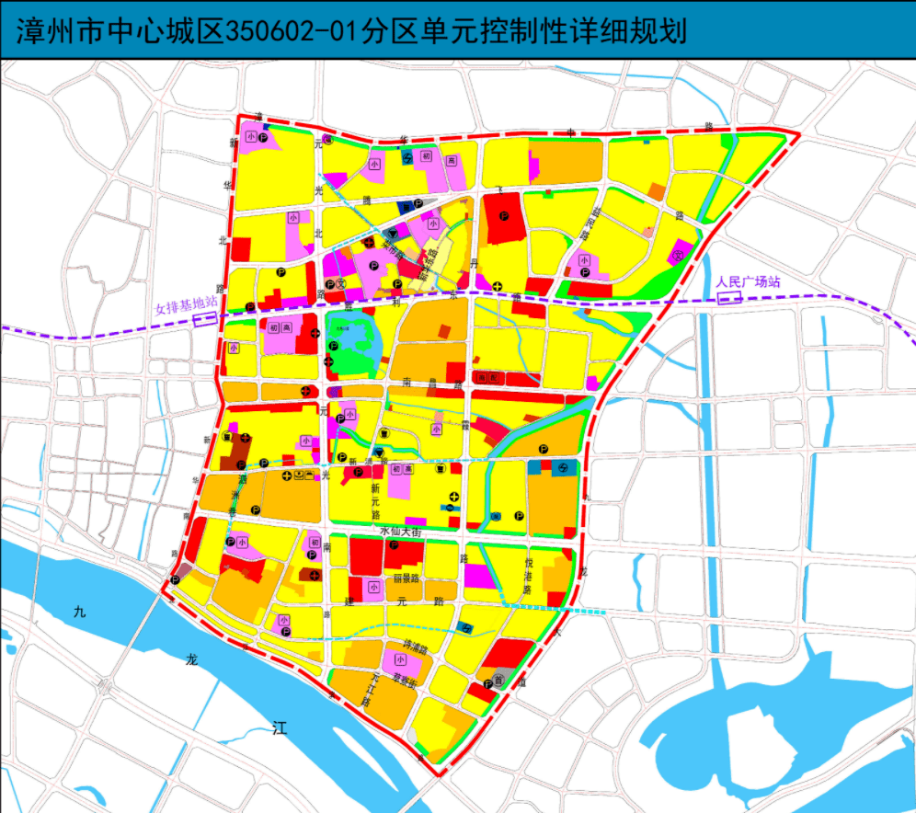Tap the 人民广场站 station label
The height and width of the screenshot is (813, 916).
(x=748, y=281)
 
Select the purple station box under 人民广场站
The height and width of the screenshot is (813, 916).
(x=728, y=298)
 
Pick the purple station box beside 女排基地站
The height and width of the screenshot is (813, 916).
(x=205, y=318)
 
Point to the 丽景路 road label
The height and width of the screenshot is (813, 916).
(x=406, y=579)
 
